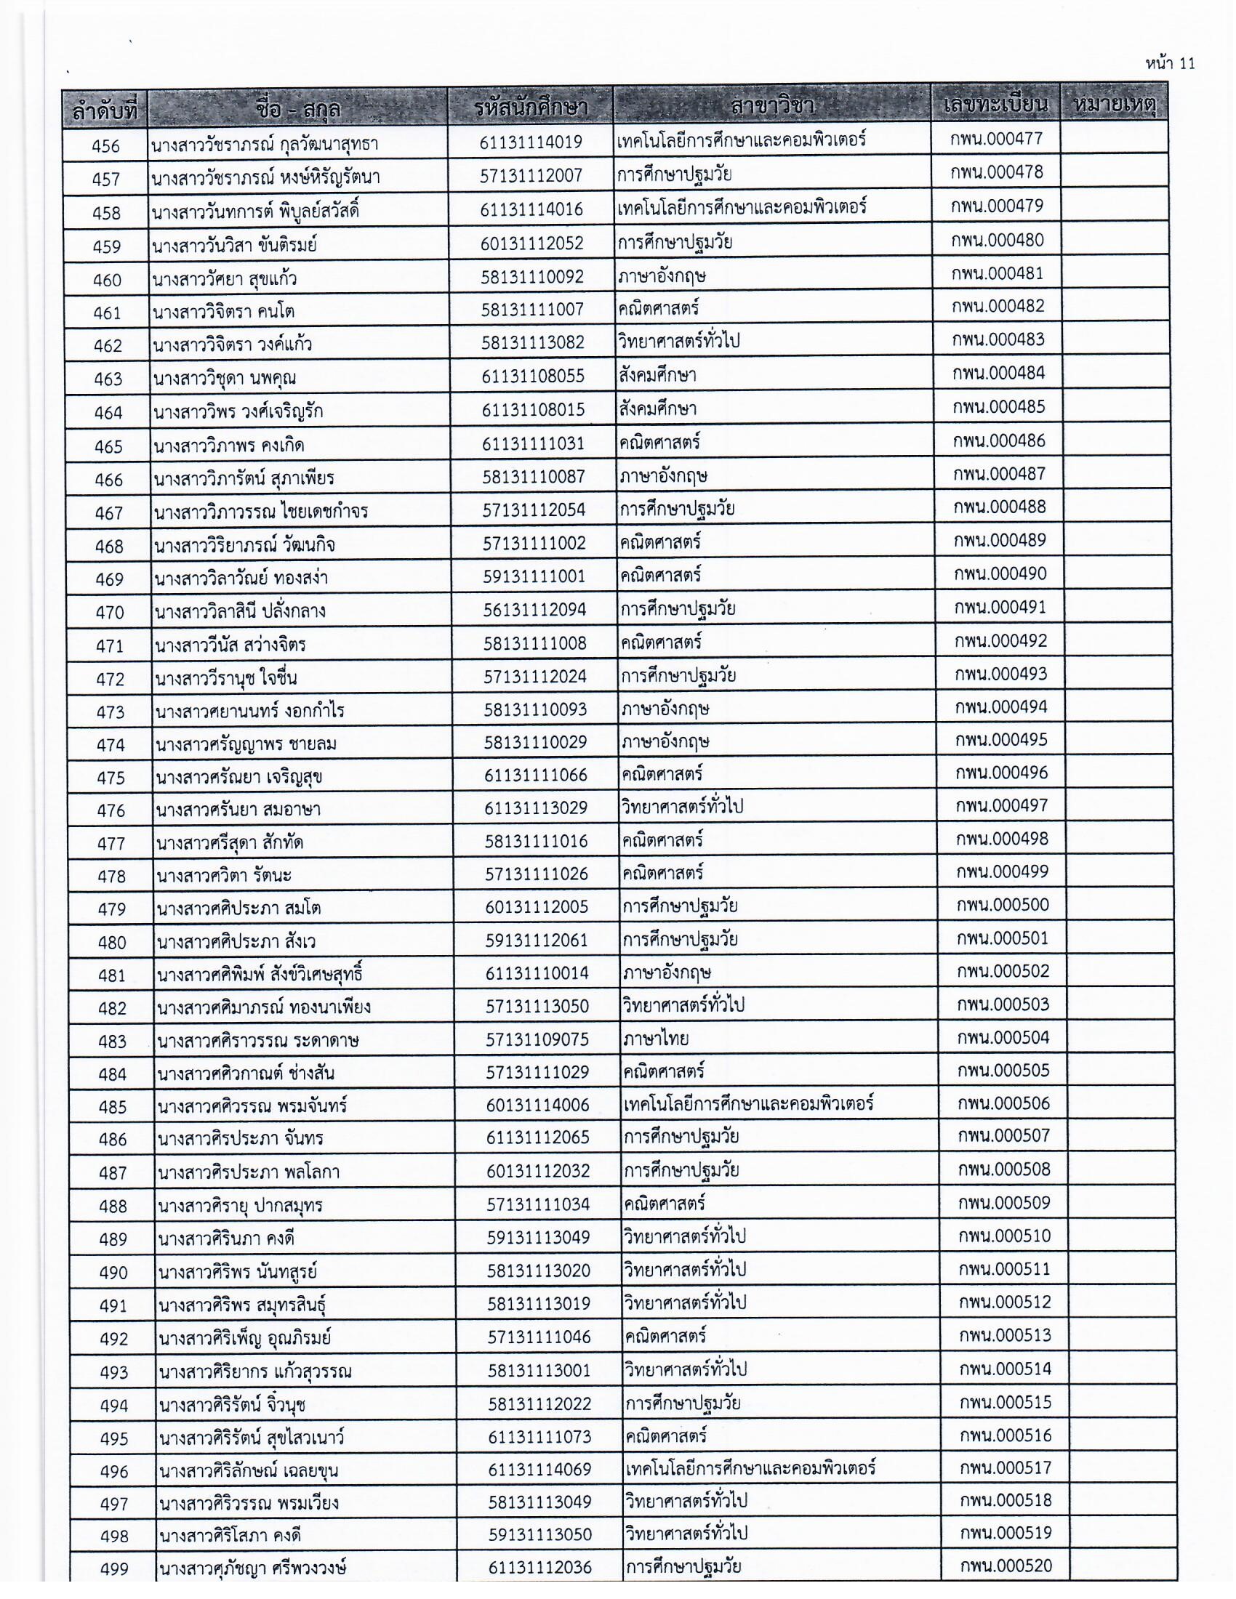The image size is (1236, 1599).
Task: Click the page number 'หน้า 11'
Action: coord(1169,64)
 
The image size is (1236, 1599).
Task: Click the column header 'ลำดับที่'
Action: coord(105,110)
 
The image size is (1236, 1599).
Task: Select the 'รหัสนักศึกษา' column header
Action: coord(530,109)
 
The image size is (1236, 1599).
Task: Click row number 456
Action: coord(105,146)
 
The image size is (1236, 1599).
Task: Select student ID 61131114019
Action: coord(531,142)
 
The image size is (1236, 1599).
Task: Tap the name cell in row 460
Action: coord(225,279)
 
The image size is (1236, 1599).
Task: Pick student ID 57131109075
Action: coord(537,1039)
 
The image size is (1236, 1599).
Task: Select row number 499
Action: coord(114,1569)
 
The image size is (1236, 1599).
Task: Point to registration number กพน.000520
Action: coord(1006,1566)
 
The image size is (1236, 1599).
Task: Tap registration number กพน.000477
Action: coord(996,139)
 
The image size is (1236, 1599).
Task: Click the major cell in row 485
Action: coord(748,1103)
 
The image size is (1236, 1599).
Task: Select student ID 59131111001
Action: coord(534,577)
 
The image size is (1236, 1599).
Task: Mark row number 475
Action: coord(111,778)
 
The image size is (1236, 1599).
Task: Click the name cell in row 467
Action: coord(261,512)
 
